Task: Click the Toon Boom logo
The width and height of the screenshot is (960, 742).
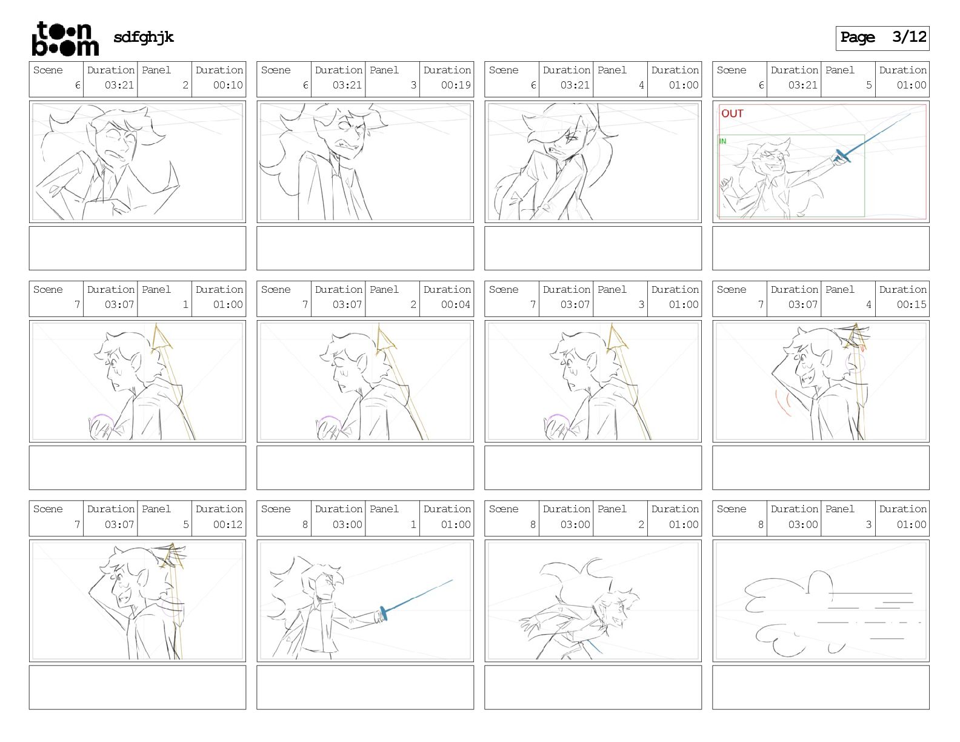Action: (65, 39)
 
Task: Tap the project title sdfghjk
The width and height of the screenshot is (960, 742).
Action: (144, 38)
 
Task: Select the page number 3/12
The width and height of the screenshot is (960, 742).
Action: (909, 37)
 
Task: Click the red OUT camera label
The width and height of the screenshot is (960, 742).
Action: (732, 113)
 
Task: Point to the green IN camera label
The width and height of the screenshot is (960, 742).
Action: (723, 141)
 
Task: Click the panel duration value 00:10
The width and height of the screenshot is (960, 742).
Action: (228, 85)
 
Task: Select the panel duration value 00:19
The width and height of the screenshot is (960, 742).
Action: (456, 85)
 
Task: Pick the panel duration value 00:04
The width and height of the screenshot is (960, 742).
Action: (456, 304)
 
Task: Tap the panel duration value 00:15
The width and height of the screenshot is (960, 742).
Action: (912, 304)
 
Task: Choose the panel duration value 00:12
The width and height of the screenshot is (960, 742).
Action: (228, 524)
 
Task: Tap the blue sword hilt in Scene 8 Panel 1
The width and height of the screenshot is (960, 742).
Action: (384, 614)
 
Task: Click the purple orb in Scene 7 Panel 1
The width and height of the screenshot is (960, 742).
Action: (102, 418)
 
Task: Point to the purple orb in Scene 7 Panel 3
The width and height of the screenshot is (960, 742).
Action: (558, 418)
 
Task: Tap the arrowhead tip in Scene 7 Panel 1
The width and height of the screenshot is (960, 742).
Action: (156, 325)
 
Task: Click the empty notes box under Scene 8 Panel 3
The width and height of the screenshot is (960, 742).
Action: (821, 687)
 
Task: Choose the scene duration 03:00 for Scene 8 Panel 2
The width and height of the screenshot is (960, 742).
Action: (575, 524)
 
